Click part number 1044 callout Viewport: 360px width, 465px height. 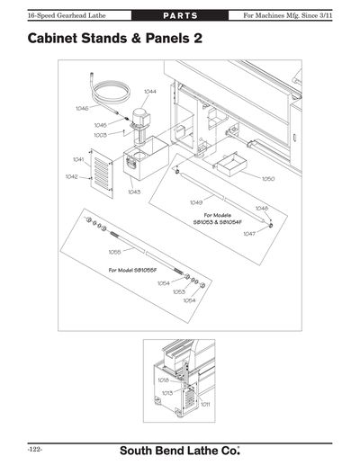(149, 92)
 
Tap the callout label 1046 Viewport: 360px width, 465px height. (82, 108)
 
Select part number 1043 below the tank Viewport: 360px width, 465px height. (134, 192)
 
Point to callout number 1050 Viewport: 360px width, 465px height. (268, 179)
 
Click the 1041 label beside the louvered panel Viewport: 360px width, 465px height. (78, 159)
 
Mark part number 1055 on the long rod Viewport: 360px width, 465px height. (114, 252)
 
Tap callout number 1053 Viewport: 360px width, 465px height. (178, 291)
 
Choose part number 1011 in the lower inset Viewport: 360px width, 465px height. (206, 404)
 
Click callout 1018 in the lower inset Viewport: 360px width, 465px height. (163, 380)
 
